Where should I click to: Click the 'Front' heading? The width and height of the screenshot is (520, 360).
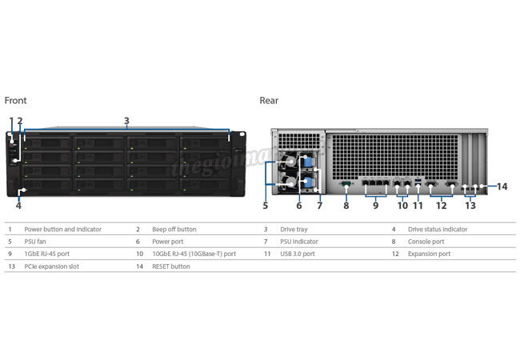(x=15, y=101)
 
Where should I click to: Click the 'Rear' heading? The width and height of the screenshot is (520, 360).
(x=269, y=101)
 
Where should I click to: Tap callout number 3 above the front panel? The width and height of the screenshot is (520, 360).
(x=126, y=121)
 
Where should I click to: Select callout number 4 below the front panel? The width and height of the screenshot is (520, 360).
(x=18, y=206)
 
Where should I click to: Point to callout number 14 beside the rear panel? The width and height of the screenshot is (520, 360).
(x=502, y=186)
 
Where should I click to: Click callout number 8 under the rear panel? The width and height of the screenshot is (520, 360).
(x=346, y=206)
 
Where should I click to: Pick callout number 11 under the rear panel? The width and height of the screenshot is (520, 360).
(x=418, y=206)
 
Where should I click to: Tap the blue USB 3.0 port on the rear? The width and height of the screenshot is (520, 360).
(x=418, y=181)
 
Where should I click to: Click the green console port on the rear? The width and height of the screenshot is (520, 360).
(x=346, y=183)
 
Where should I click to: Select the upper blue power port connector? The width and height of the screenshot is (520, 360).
(x=308, y=162)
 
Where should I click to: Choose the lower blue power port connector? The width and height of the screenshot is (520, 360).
(x=308, y=182)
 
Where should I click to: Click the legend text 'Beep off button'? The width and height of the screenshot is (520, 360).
(x=174, y=229)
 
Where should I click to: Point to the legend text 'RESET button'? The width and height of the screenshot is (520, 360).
(x=171, y=266)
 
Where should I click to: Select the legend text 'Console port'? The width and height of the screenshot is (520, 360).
(x=426, y=242)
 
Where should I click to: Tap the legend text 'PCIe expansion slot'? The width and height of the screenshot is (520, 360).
(x=52, y=266)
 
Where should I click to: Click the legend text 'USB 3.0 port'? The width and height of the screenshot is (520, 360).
(x=298, y=254)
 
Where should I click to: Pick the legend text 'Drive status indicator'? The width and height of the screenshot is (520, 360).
(x=438, y=229)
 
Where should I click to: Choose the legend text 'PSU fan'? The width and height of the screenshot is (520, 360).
(x=35, y=242)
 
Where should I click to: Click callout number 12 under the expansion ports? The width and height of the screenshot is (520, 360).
(x=441, y=206)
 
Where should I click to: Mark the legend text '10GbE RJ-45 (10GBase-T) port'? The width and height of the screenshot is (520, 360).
(x=194, y=254)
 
